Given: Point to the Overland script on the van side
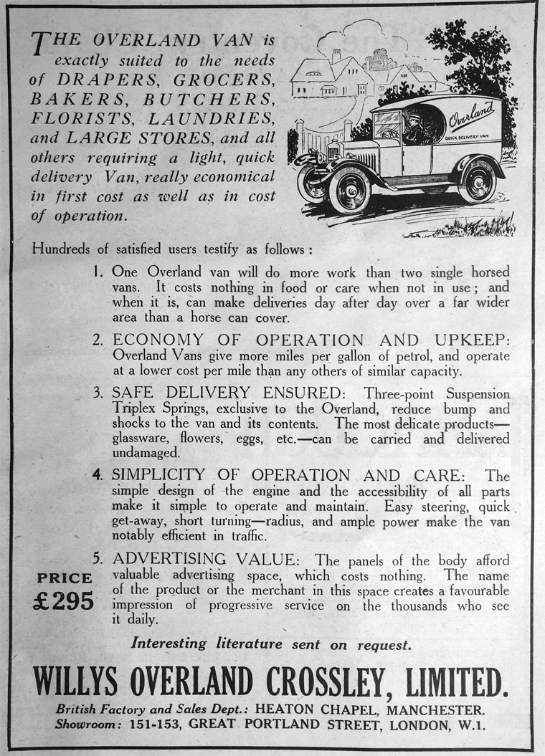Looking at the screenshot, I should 471,115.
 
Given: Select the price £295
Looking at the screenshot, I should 64,601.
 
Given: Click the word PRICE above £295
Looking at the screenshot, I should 65,578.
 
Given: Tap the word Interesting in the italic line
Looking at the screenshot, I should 171,643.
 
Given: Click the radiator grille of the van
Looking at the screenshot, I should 365,158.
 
